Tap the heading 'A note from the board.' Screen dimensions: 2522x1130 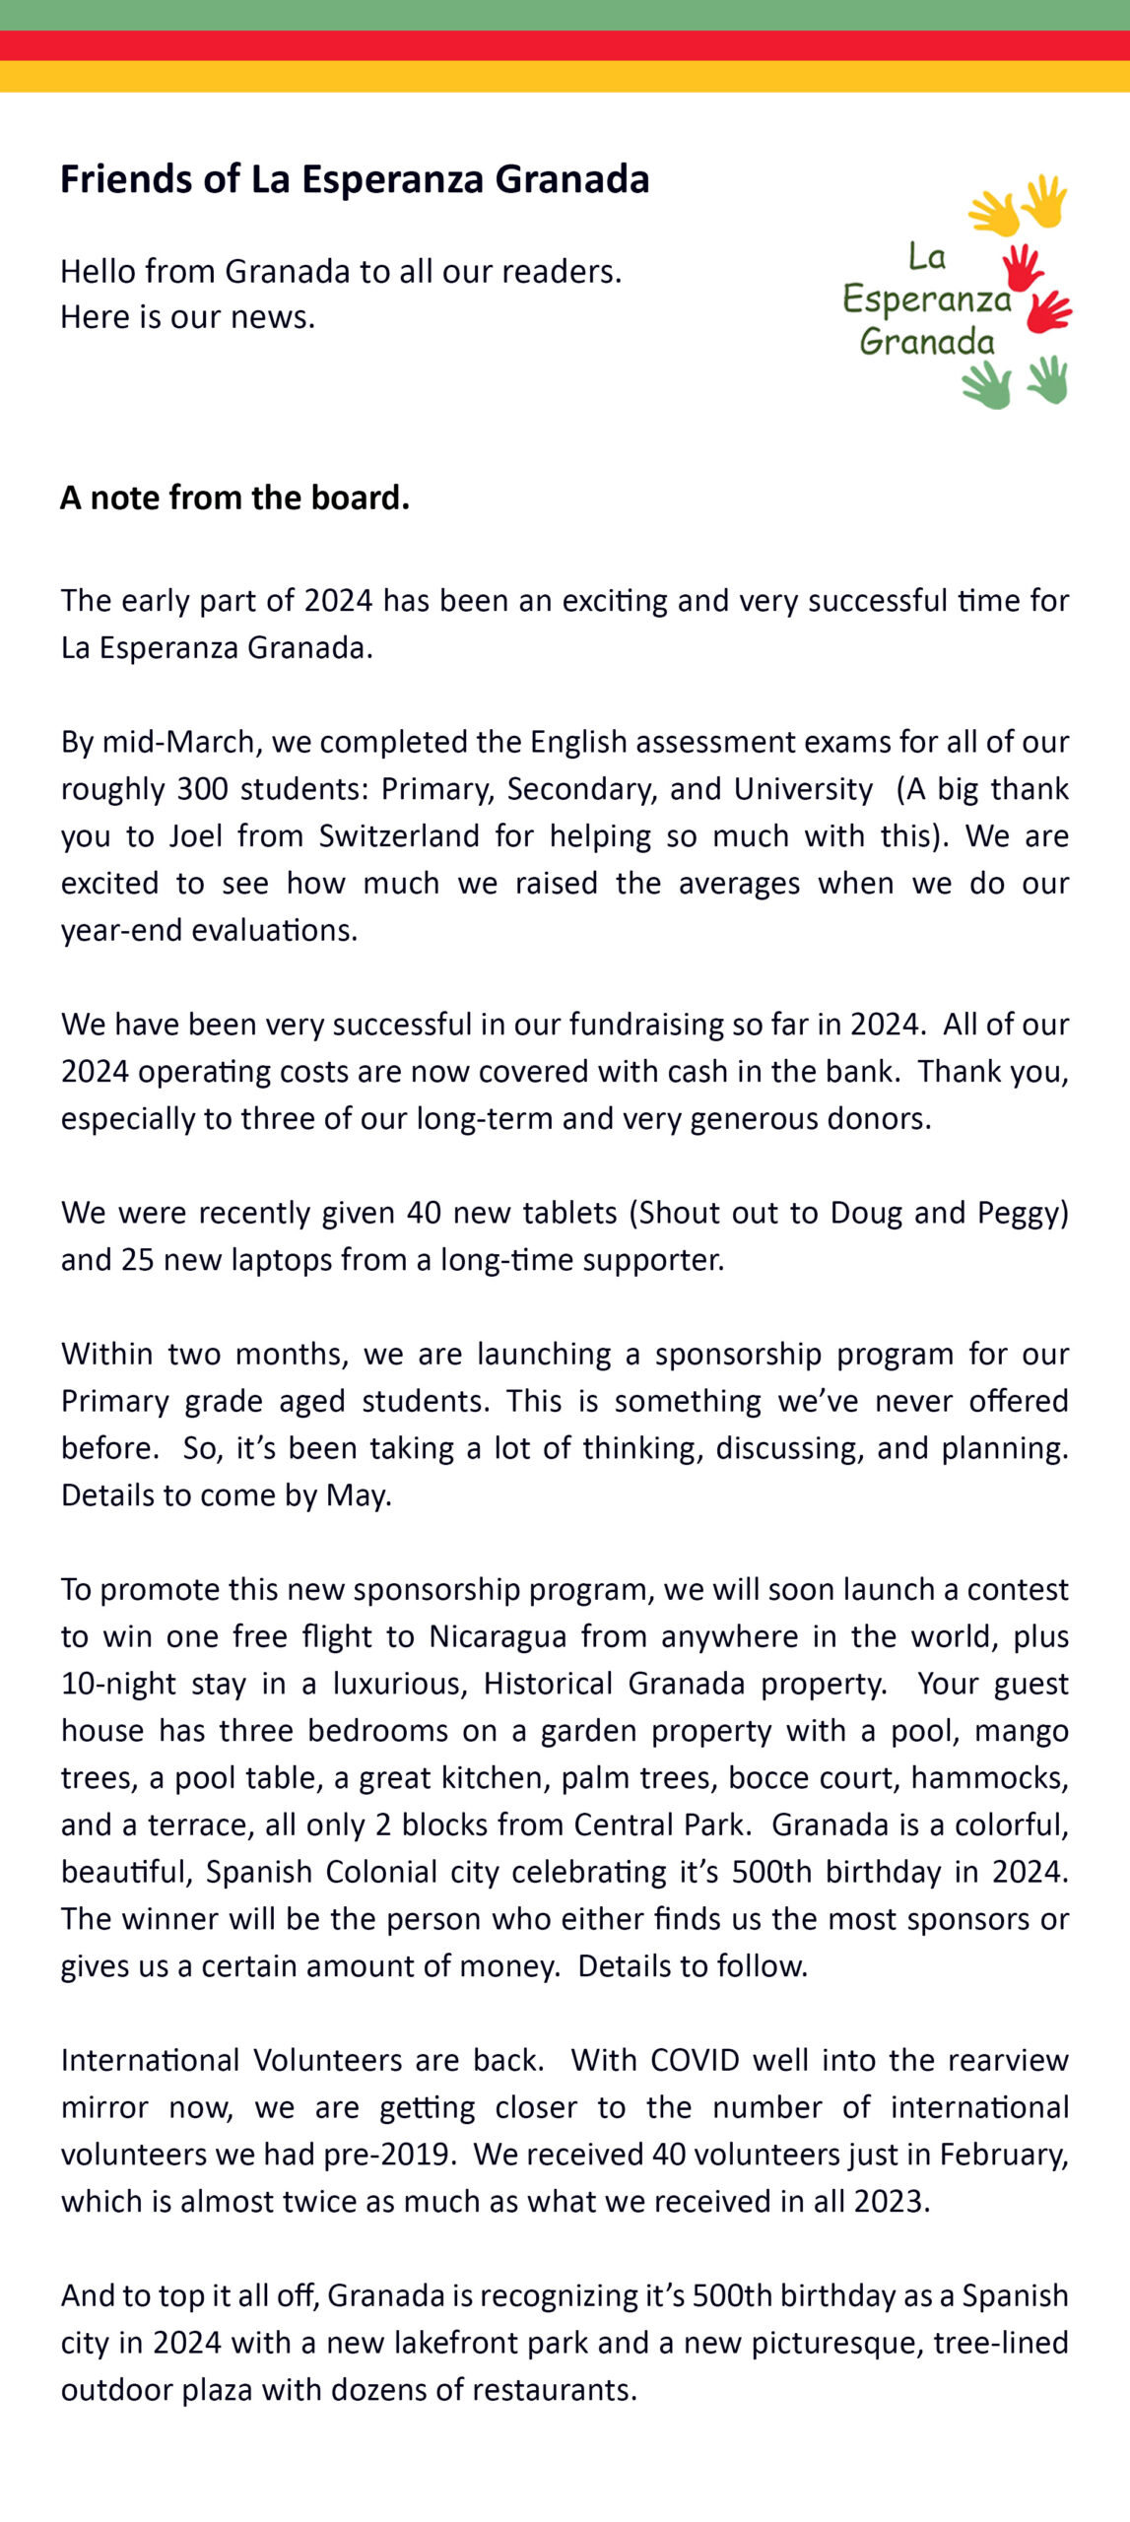pyautogui.click(x=234, y=498)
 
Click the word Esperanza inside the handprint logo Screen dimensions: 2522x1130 pyautogui.click(x=927, y=299)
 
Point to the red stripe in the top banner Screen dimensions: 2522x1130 pyautogui.click(x=565, y=45)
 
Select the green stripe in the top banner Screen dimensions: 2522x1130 pyautogui.click(x=565, y=15)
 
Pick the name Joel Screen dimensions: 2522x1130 pyautogui.click(x=195, y=835)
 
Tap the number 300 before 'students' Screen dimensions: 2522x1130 pyautogui.click(x=202, y=789)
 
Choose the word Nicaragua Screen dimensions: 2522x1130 pyautogui.click(x=498, y=1636)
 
